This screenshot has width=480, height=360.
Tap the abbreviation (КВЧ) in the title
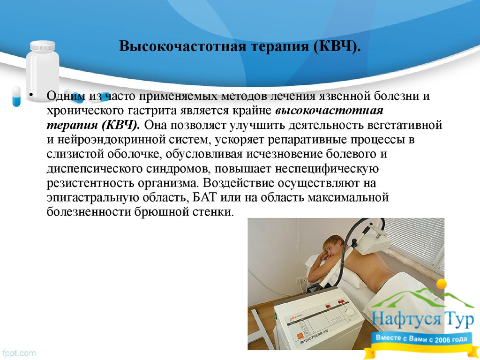(337, 47)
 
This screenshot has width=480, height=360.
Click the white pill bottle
(42, 71)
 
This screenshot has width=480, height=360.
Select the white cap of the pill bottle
(43, 45)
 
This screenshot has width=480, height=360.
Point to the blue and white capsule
(16, 96)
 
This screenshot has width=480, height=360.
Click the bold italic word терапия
(72, 125)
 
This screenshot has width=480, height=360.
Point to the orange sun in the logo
(442, 284)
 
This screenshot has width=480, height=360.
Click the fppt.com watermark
(18, 353)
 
